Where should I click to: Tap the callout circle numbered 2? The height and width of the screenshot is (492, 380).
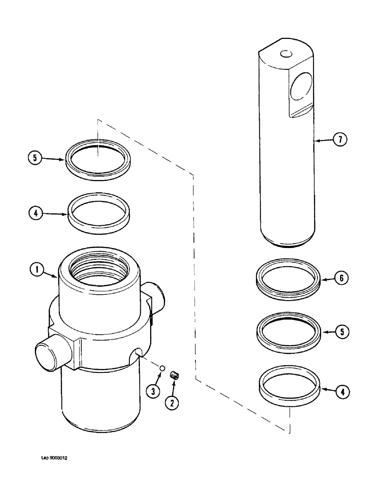click(171, 402)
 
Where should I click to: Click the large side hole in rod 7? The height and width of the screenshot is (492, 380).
click(300, 89)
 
